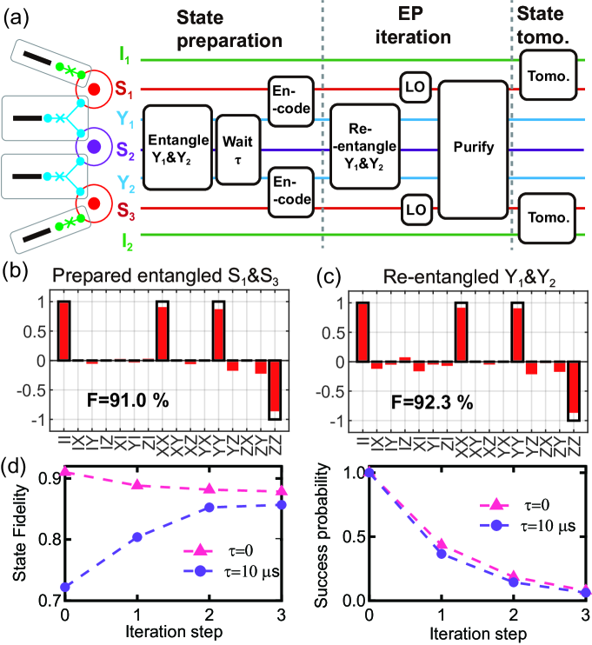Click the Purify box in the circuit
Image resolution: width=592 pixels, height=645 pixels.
tap(473, 149)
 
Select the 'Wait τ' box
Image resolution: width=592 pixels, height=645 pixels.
tap(237, 150)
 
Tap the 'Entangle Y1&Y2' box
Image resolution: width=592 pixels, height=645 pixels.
tap(176, 148)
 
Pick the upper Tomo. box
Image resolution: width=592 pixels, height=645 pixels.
tap(547, 76)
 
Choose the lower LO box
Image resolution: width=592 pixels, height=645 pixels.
tap(411, 209)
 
